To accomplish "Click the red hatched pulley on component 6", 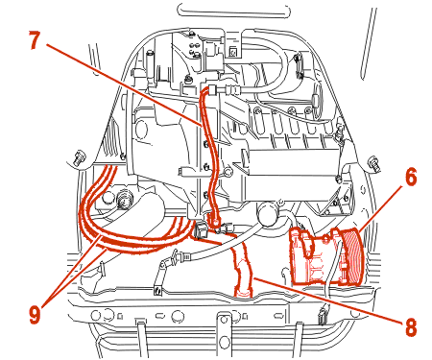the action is point(352,255).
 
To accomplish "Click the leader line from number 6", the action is point(380,209).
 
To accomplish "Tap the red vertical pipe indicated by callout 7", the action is point(209,156).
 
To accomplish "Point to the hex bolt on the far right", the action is point(373,163).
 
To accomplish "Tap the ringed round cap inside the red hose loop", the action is point(125,199).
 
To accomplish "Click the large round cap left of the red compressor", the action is point(269,213).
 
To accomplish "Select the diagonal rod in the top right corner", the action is point(369,43).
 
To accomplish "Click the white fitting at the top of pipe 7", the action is point(212,89).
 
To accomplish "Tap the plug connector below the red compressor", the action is point(322,316).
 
